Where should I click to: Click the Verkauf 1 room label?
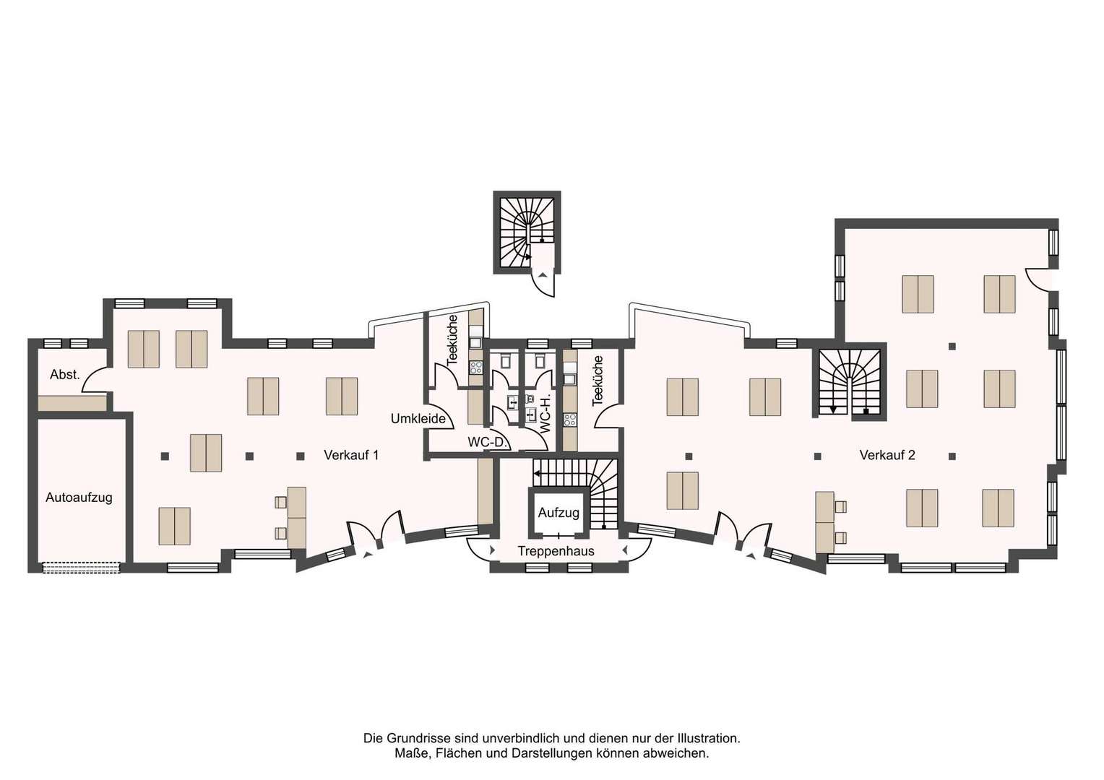(x=351, y=455)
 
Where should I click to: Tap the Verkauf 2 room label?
(x=887, y=455)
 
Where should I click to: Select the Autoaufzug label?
(x=79, y=498)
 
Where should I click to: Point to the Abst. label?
(x=64, y=375)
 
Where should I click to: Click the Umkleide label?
(x=418, y=419)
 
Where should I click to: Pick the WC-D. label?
(x=488, y=442)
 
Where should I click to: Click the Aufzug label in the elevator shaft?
(x=559, y=513)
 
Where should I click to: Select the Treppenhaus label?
(x=556, y=551)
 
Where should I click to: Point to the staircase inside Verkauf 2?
(x=849, y=382)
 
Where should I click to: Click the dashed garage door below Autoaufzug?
(x=82, y=568)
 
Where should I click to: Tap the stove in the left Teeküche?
(x=475, y=367)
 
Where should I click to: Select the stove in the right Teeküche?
(x=570, y=420)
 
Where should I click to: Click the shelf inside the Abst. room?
(x=72, y=402)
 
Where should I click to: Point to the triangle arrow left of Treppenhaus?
(x=492, y=550)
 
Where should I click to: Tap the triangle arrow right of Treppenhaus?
(x=626, y=550)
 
